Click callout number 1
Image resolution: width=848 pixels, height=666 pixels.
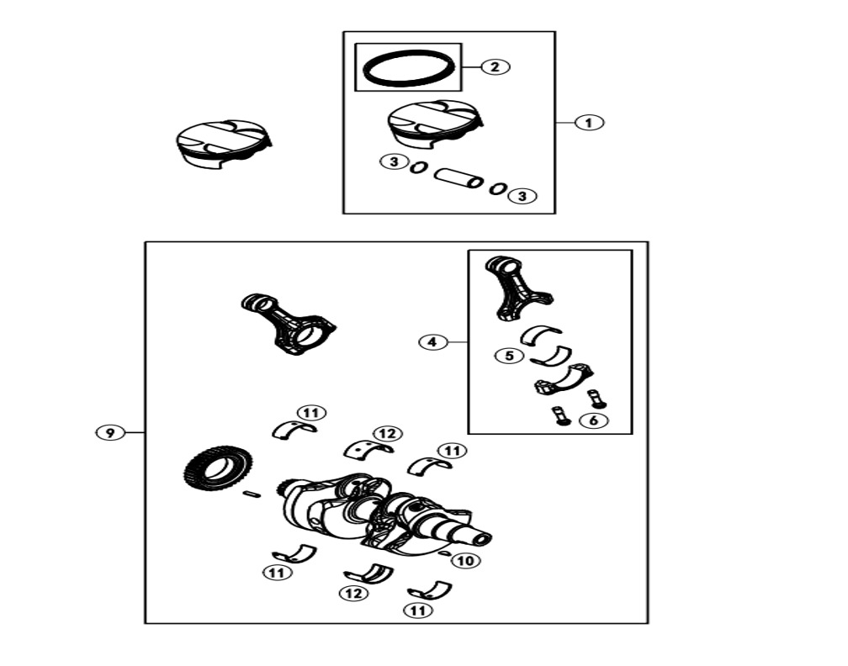point(588,123)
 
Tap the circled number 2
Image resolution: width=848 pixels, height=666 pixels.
point(495,67)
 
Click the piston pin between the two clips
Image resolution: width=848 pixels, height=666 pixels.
point(458,177)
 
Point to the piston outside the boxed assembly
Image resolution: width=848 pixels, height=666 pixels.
point(224,144)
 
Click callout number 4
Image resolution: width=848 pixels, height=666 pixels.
point(432,342)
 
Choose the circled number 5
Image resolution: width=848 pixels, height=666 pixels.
point(509,356)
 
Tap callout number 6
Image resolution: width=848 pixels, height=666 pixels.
point(593,420)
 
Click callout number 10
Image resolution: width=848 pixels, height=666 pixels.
point(466,561)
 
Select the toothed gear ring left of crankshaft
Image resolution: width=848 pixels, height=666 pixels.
point(219,468)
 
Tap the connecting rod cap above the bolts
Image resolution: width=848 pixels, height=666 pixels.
point(564,379)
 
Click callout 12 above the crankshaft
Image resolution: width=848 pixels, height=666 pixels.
point(387,434)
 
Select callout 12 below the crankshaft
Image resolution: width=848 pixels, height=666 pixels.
point(353,594)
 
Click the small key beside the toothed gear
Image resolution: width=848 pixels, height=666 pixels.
point(252,493)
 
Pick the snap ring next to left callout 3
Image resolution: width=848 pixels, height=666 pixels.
point(418,167)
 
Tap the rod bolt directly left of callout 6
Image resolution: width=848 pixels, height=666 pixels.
point(559,416)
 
